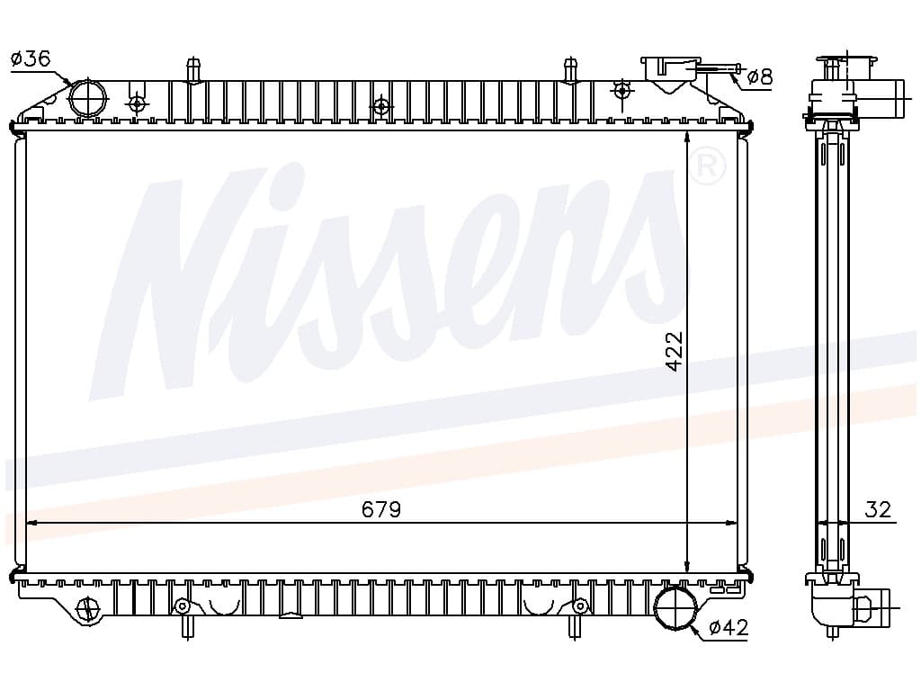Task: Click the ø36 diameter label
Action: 31,58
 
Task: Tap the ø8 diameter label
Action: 760,77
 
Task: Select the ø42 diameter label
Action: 729,628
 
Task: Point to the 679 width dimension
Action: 381,509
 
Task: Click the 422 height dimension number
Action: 675,352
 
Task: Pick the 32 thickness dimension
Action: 878,509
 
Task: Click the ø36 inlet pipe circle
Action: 88,98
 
